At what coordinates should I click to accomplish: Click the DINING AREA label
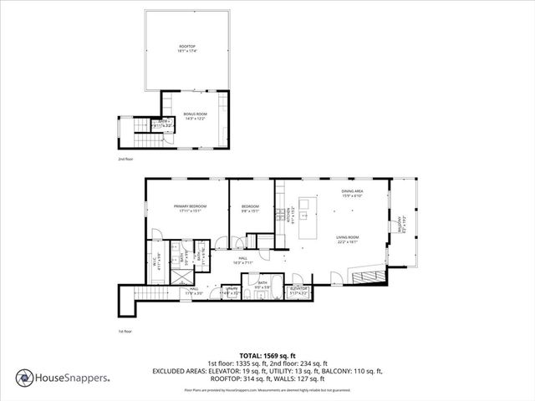coord(352,191)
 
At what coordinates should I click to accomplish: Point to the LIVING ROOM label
coord(347,238)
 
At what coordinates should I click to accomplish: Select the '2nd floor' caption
coord(125,158)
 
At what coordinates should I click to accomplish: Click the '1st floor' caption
coord(125,332)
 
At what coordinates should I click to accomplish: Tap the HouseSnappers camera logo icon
coord(25,377)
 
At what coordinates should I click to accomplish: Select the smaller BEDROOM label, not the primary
coord(251,206)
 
